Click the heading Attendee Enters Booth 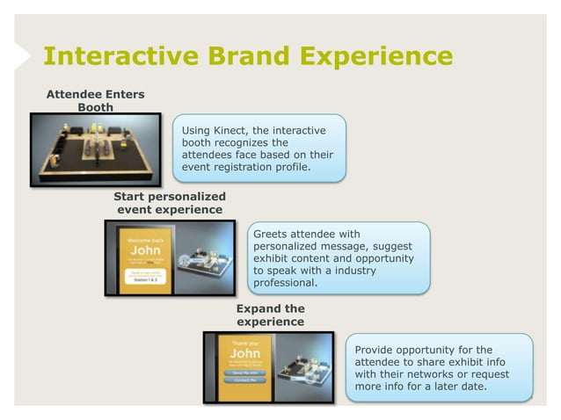tap(95, 100)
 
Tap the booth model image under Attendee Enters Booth tap(96, 149)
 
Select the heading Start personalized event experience tap(169, 202)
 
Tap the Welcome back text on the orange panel tap(144, 237)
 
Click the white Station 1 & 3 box tap(144, 279)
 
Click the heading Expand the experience tap(270, 315)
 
